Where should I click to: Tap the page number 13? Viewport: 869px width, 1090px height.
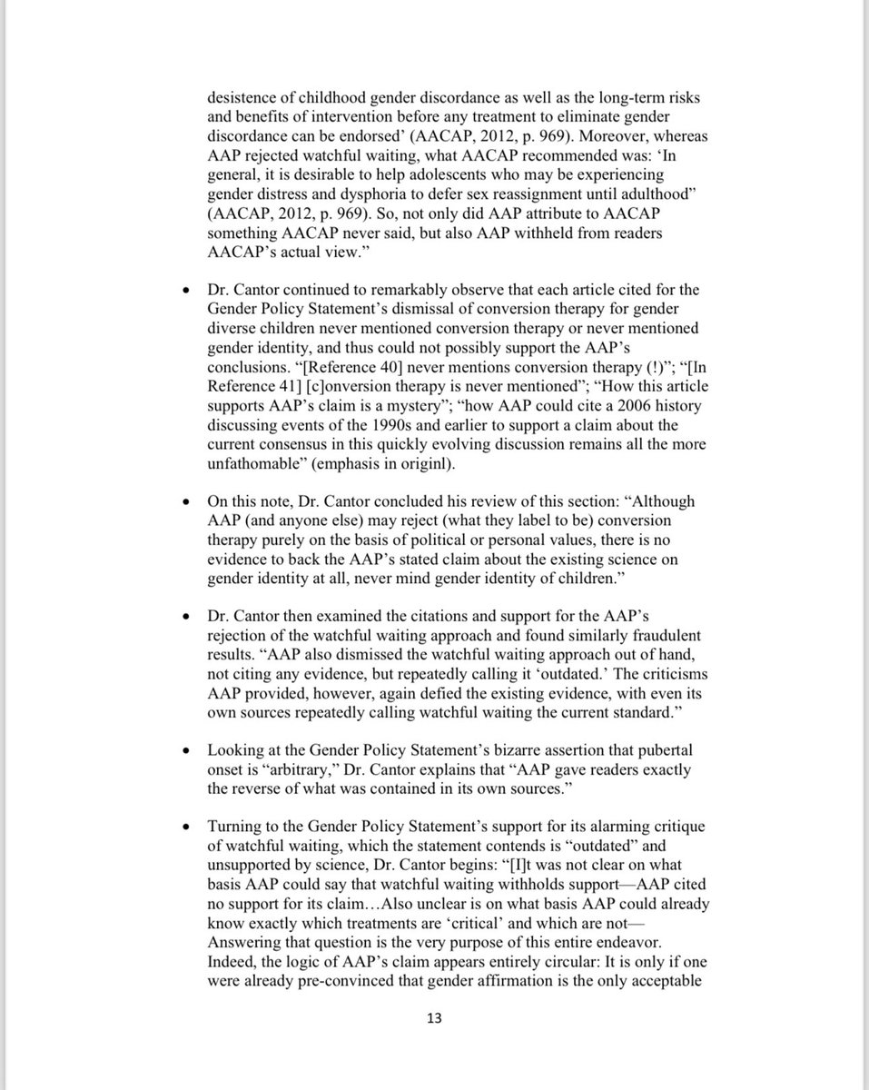[x=434, y=1018]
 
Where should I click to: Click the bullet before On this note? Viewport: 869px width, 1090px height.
[x=185, y=501]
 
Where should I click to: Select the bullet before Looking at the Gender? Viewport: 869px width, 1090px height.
[x=185, y=751]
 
